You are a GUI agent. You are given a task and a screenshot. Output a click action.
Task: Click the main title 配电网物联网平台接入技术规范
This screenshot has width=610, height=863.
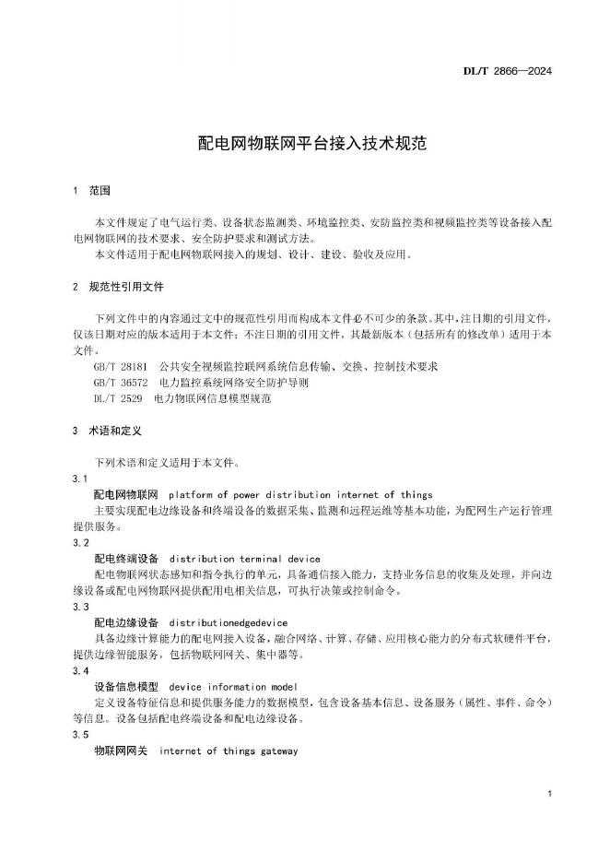click(304, 144)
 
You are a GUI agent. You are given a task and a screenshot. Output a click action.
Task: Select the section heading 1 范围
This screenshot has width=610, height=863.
click(91, 191)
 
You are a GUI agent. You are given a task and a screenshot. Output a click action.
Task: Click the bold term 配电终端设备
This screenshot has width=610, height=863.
click(127, 559)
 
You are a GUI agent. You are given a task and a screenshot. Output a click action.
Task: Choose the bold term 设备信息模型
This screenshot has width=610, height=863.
click(127, 687)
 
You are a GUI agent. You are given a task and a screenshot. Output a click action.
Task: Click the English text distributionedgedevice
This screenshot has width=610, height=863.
click(229, 623)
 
